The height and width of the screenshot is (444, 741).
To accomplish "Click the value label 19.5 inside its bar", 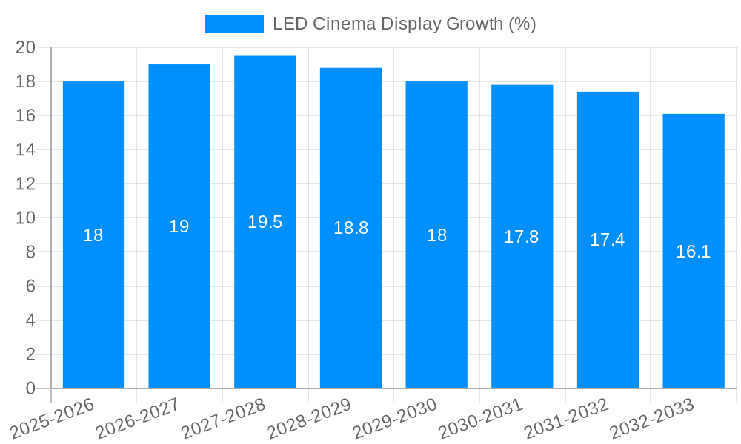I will pos(265,222).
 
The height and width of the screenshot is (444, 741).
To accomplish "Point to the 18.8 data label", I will pos(350,228).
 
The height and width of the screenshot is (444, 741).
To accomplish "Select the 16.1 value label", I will pos(693,252).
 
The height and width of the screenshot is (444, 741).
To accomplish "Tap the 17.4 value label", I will pos(607,240).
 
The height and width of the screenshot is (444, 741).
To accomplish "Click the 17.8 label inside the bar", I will pos(522,237).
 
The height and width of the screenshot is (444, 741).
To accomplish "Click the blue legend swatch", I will pos(233,24).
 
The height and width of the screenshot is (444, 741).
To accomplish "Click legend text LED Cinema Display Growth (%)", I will pos(404,24).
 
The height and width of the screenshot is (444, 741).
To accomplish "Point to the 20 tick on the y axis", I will pos(26,47).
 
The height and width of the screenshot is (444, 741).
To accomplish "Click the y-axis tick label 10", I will pos(26,218).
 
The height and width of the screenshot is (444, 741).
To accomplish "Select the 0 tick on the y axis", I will pos(30,388).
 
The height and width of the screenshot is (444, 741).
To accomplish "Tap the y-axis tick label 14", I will pos(26,150).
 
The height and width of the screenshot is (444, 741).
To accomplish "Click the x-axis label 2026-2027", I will pos(138,419).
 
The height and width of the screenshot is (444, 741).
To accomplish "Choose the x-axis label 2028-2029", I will pos(309,419).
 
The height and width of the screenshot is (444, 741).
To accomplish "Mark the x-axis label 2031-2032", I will pos(566,419).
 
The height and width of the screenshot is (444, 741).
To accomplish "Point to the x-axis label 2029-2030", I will pos(395,419).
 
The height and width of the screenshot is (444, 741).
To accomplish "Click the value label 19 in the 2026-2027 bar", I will pos(179,226).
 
